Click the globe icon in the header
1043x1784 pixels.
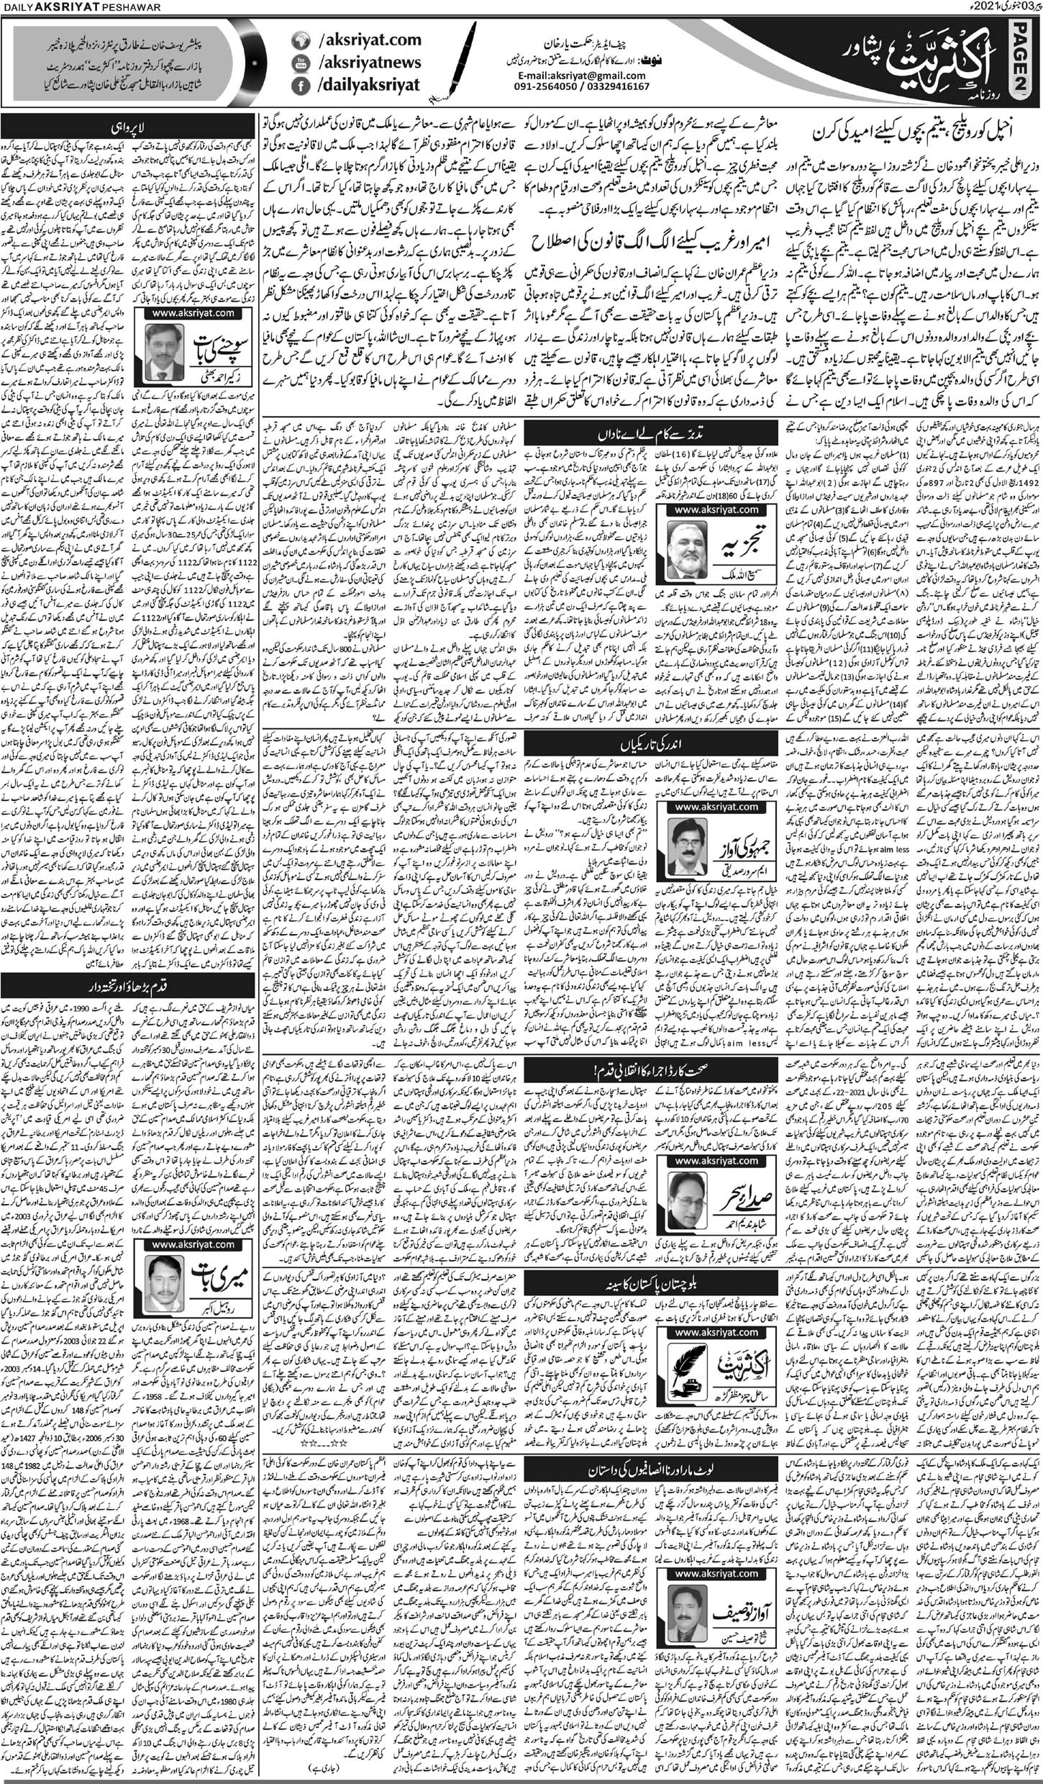299,41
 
